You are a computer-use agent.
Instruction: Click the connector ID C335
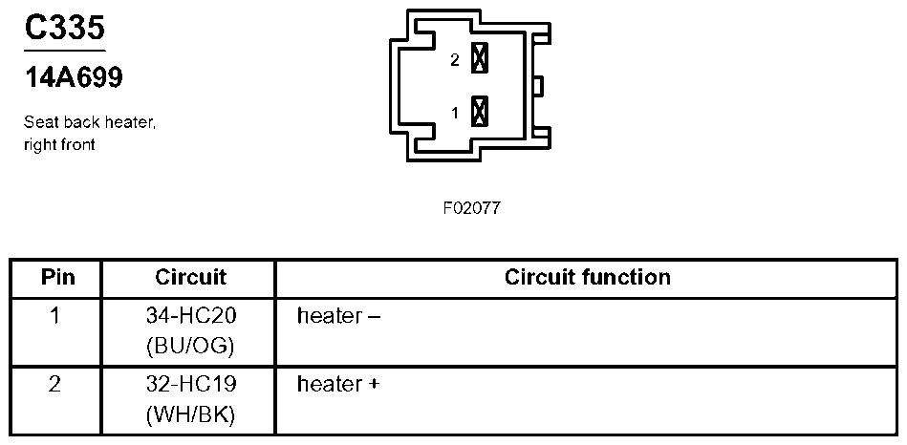coord(64,29)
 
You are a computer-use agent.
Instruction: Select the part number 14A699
coord(74,78)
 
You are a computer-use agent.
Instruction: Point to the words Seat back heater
coord(89,123)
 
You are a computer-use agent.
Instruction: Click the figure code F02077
coord(471,208)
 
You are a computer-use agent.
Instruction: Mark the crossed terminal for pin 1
coord(480,112)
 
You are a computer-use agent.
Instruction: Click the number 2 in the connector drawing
coord(455,60)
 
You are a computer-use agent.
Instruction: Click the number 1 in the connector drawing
coord(455,113)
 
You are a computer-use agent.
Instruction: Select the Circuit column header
coord(190,278)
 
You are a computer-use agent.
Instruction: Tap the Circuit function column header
coord(588,278)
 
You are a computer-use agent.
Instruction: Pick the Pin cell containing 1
coord(55,314)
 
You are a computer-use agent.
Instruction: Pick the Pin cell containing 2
coord(55,384)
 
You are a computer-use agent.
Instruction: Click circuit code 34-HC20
coord(190,315)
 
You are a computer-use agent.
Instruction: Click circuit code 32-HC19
coord(190,385)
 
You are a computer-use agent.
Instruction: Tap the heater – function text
coord(338,315)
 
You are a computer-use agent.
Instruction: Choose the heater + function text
coord(338,385)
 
